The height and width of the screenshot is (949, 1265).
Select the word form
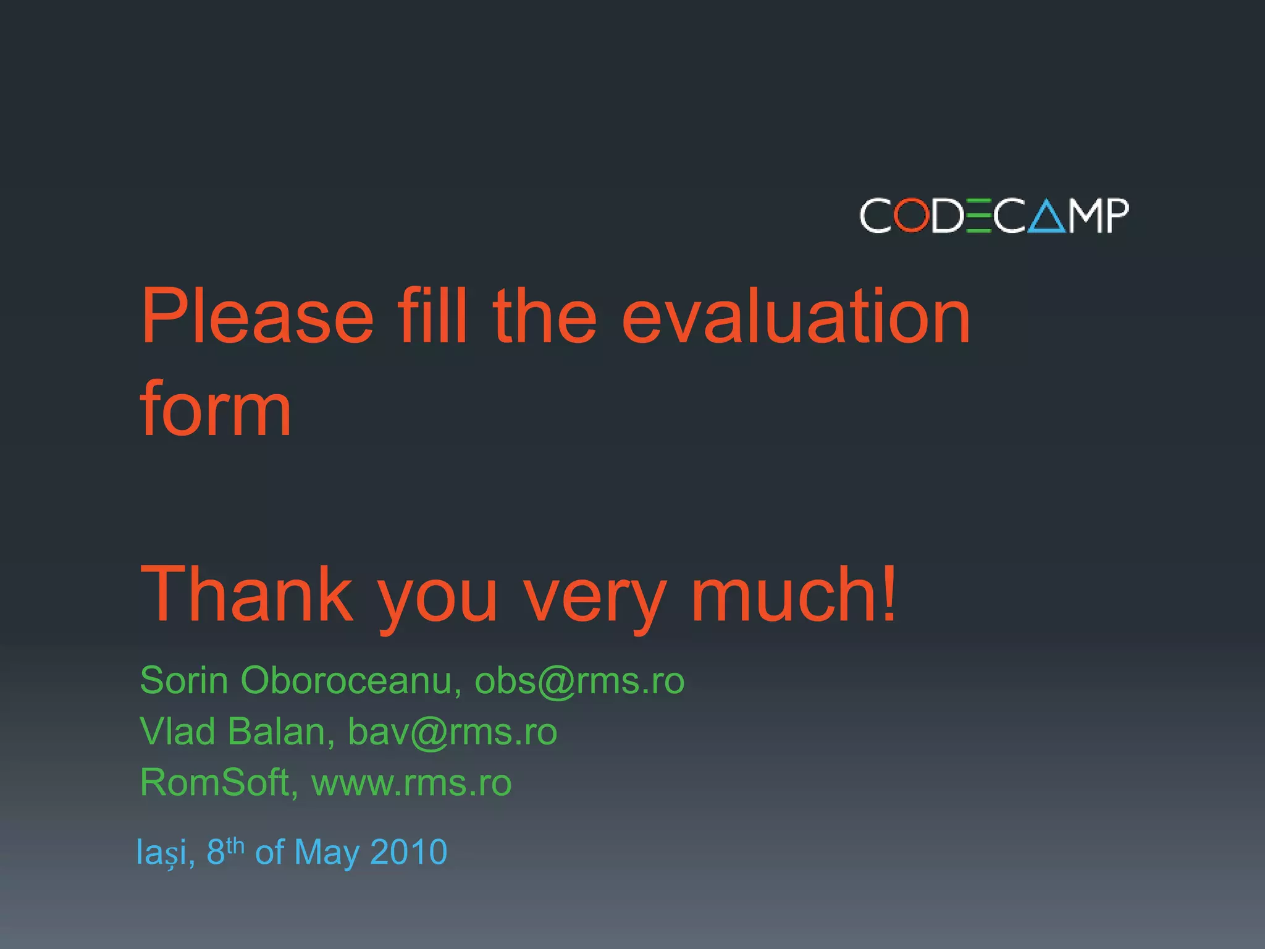pyautogui.click(x=216, y=410)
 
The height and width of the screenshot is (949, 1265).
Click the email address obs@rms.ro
pyautogui.click(x=579, y=681)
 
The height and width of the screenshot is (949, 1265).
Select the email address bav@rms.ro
pyautogui.click(x=452, y=732)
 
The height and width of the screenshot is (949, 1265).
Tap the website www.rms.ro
pyautogui.click(x=411, y=783)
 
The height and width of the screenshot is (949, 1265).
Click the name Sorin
pyautogui.click(x=184, y=681)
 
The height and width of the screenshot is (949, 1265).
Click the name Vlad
pyautogui.click(x=177, y=732)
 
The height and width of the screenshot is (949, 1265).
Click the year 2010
pyautogui.click(x=408, y=853)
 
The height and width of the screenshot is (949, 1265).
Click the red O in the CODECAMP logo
pyautogui.click(x=912, y=215)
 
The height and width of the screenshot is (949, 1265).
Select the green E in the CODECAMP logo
pyautogui.click(x=979, y=216)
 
